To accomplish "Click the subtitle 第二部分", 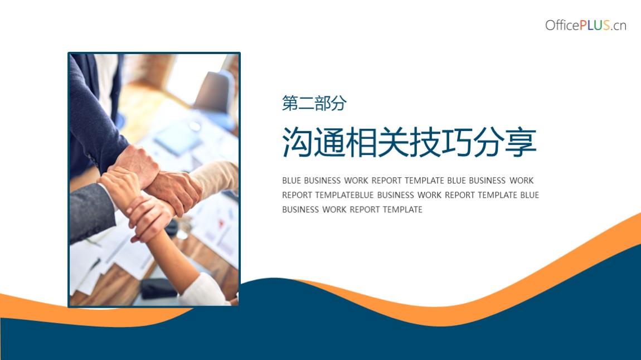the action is [x=314, y=103].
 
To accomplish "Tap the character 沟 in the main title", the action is [x=298, y=142].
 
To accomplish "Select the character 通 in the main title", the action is [x=329, y=142].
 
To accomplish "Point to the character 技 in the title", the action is [x=425, y=142].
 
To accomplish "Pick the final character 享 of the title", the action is [x=521, y=142].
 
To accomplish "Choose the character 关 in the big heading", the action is [x=394, y=142].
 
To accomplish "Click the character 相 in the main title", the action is [x=361, y=142].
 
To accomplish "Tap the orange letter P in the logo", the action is [x=584, y=25].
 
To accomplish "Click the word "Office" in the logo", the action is [x=562, y=25].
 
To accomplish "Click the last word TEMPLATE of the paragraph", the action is [x=402, y=210].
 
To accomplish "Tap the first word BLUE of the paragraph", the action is [x=292, y=181].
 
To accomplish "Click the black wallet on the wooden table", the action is [x=159, y=288].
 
